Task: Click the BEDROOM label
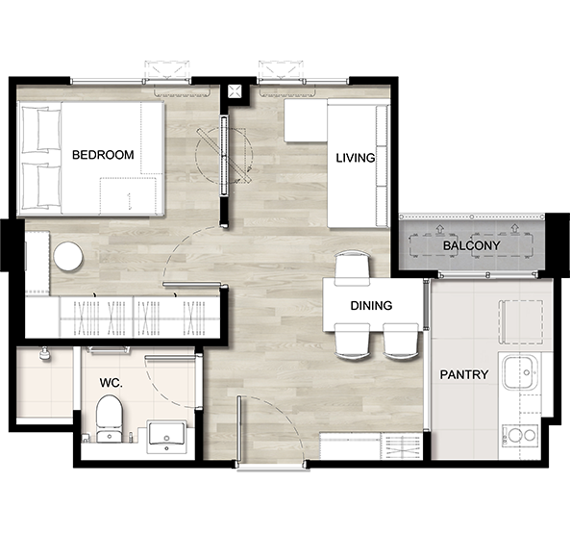pyautogui.click(x=103, y=155)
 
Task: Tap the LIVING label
pyautogui.click(x=355, y=158)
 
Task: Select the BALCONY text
pyautogui.click(x=471, y=245)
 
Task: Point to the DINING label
pyautogui.click(x=371, y=306)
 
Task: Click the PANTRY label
pyautogui.click(x=464, y=374)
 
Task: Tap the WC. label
pyautogui.click(x=111, y=383)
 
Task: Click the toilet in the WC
pyautogui.click(x=109, y=419)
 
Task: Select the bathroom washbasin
pyautogui.click(x=166, y=437)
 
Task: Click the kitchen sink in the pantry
pyautogui.click(x=520, y=372)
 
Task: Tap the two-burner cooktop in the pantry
pyautogui.click(x=520, y=436)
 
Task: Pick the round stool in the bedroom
pyautogui.click(x=68, y=257)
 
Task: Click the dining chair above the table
pyautogui.click(x=352, y=268)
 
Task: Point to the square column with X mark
pyautogui.click(x=235, y=91)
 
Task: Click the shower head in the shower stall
pyautogui.click(x=45, y=353)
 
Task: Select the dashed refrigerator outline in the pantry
pyautogui.click(x=521, y=322)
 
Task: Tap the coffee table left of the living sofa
pyautogui.click(x=306, y=120)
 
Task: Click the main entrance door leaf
pyautogui.click(x=238, y=431)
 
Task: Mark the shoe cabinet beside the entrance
pyautogui.click(x=371, y=446)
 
